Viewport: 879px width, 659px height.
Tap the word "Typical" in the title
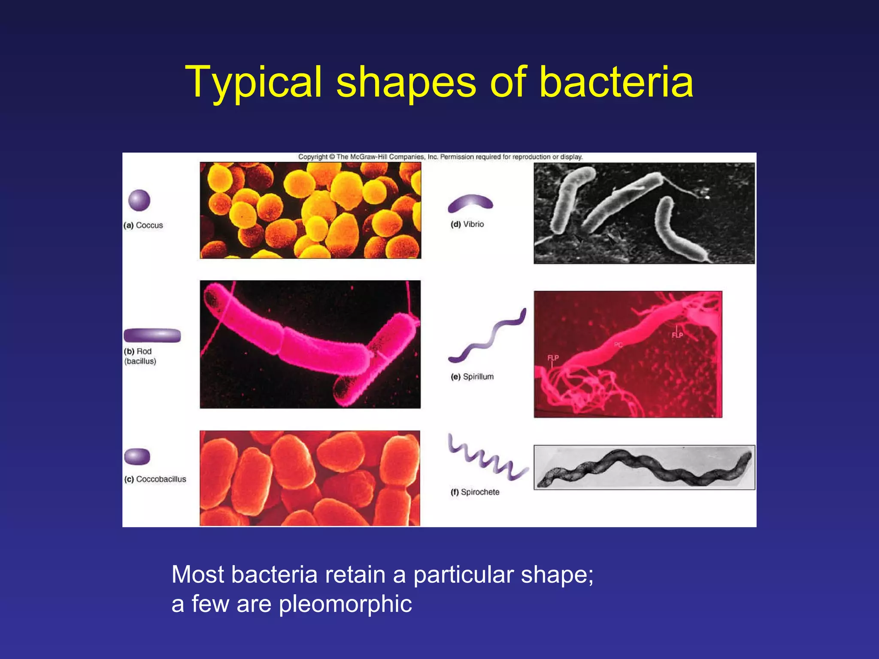pos(253,82)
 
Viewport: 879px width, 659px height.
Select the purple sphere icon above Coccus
pos(139,200)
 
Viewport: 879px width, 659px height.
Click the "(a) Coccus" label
pos(143,225)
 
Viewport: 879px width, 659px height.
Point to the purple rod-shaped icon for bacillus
pos(152,335)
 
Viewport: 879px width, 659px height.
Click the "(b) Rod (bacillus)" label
pos(140,356)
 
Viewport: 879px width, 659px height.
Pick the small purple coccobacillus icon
pos(137,456)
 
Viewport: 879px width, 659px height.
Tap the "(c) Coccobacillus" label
pos(155,479)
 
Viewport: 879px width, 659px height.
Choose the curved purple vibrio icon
pos(470,203)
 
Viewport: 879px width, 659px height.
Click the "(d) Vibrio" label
pos(467,224)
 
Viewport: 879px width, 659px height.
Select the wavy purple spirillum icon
pos(487,336)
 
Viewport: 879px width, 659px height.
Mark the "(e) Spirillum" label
pos(472,377)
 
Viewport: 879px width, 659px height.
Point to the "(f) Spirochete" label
pos(475,492)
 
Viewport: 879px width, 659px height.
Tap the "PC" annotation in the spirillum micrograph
pos(618,345)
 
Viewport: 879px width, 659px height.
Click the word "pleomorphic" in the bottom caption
pos(346,604)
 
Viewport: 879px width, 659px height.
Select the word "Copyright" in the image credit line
pos(313,157)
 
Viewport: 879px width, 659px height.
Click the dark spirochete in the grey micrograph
pos(644,468)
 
